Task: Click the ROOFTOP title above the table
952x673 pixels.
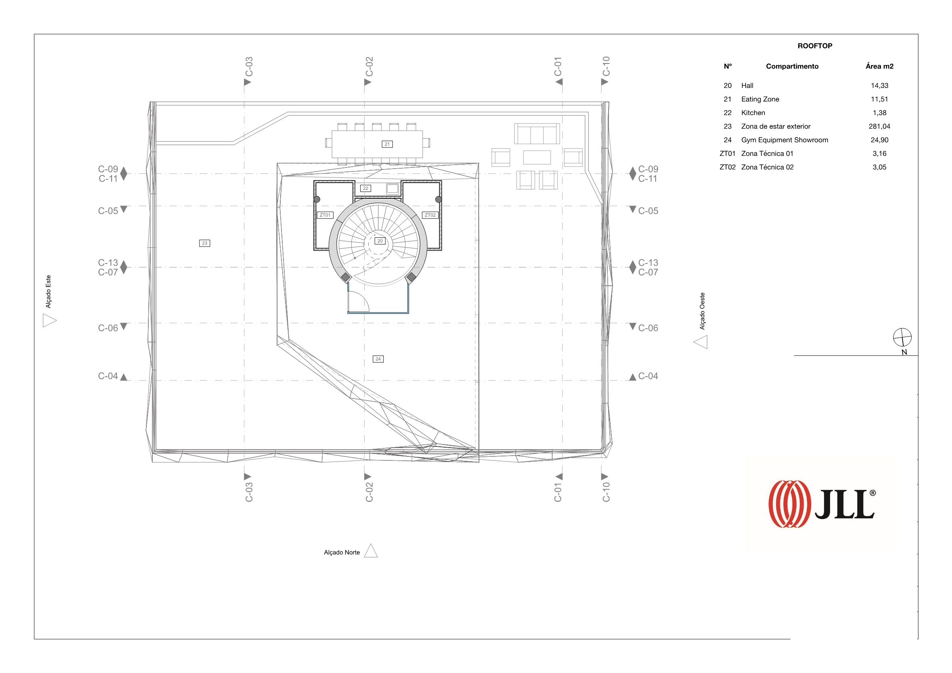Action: pos(814,46)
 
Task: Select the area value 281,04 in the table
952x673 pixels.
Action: pos(879,126)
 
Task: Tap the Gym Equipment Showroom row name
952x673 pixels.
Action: pos(784,140)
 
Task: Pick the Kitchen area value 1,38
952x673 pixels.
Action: pos(879,113)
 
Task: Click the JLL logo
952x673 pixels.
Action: pos(821,504)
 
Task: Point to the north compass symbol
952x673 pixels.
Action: pos(902,337)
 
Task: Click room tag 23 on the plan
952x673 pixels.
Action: pos(204,243)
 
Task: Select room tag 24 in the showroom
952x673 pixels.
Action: pos(378,359)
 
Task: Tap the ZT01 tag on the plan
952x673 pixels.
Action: pos(325,215)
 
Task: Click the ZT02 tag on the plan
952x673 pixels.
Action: pos(430,215)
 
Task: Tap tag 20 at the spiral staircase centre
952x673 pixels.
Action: pos(380,241)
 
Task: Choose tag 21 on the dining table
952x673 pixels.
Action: pos(387,144)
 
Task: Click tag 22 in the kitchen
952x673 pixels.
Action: pos(365,188)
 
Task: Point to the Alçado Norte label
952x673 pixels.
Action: pos(342,552)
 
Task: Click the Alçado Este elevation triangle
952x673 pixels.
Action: pos(49,321)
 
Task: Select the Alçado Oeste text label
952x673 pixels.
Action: pos(702,311)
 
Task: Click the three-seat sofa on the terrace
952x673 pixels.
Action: pos(537,133)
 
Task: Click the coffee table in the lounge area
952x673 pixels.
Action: pos(537,157)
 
